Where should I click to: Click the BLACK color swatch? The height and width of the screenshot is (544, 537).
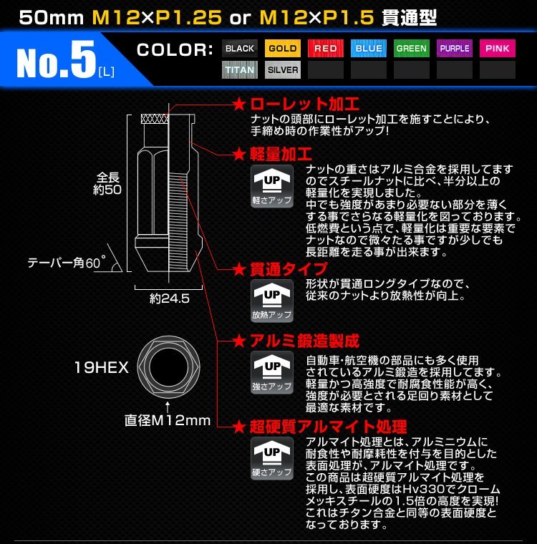pyautogui.click(x=240, y=49)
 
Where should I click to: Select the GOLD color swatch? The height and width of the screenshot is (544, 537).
pyautogui.click(x=283, y=49)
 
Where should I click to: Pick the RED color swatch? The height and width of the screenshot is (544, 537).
pyautogui.click(x=326, y=49)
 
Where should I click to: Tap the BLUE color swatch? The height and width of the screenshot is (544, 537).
pyautogui.click(x=369, y=49)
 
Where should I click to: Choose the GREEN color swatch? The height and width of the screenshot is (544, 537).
pyautogui.click(x=412, y=49)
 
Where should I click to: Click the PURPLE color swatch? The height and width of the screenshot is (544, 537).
pyautogui.click(x=455, y=49)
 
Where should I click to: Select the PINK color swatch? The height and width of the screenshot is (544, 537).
pyautogui.click(x=498, y=49)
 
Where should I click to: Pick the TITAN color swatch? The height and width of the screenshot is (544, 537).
pyautogui.click(x=240, y=70)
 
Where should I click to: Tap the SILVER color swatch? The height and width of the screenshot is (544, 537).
pyautogui.click(x=283, y=70)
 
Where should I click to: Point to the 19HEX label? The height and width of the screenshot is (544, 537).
pyautogui.click(x=101, y=368)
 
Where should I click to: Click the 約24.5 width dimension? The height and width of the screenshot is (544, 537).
pyautogui.click(x=170, y=299)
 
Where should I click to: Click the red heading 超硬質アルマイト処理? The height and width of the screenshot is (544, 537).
pyautogui.click(x=329, y=427)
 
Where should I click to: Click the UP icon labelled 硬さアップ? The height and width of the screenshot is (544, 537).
pyautogui.click(x=272, y=458)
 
